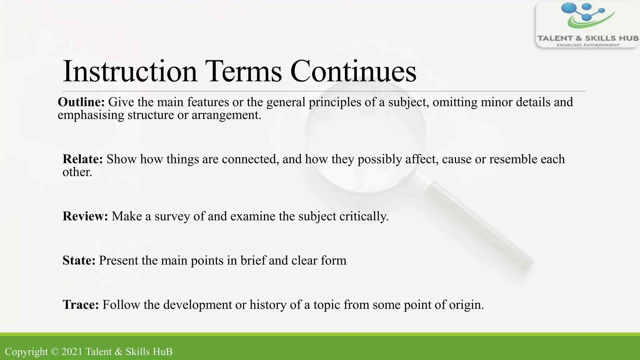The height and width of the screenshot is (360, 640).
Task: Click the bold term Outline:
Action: [x=81, y=102]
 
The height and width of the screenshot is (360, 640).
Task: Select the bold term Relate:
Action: [x=82, y=159]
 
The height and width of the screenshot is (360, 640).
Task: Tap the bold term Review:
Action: [x=85, y=216]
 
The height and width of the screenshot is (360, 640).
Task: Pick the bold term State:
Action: [x=79, y=261]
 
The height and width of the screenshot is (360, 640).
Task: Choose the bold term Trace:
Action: [x=81, y=305]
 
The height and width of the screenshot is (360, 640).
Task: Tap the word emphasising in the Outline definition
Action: [x=91, y=115]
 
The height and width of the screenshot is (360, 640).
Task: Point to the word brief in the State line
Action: [x=253, y=261]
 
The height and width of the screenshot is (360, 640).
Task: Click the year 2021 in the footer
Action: [x=72, y=352]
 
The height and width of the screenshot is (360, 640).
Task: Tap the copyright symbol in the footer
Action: [x=55, y=352]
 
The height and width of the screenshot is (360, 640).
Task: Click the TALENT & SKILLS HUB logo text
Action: [x=587, y=38]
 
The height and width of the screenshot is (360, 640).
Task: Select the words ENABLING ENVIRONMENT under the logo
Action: [x=588, y=45]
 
